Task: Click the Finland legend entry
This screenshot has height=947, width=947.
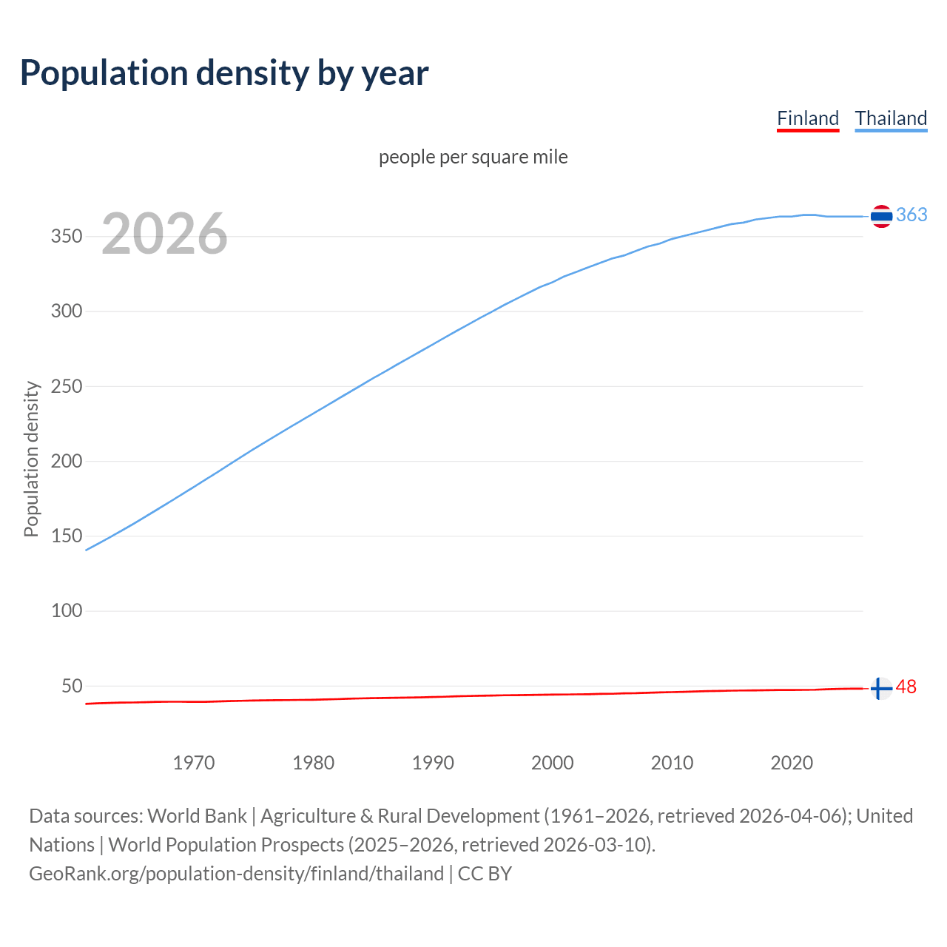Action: pos(807,118)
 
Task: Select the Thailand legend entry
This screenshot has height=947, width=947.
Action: pos(891,118)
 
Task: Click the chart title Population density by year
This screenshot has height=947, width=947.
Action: pos(224,73)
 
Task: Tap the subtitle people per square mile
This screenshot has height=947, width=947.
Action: pos(473,157)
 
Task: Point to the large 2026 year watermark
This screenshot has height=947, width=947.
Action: pos(164,234)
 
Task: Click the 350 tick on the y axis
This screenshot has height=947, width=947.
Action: pos(66,237)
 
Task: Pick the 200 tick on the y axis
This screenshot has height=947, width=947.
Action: pos(66,461)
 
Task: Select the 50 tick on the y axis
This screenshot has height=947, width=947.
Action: pos(72,686)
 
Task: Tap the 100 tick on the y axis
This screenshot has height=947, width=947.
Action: pos(66,611)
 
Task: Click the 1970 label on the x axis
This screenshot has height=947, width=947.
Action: pos(194,763)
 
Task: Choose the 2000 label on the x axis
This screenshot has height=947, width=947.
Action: pos(552,763)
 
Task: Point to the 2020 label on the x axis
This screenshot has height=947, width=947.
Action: pos(792,763)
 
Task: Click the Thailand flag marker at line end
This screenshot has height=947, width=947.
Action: pos(881,216)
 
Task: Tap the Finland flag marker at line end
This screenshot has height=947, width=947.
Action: pos(880,688)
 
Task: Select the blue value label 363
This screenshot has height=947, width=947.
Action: pos(911,215)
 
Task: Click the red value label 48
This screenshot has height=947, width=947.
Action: pos(906,687)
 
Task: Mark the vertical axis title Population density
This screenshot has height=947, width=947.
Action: pos(31,459)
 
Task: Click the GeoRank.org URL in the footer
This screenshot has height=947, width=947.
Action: pos(236,874)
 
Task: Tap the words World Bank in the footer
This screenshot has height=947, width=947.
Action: pos(197,816)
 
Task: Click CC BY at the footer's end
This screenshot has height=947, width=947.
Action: pos(485,874)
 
